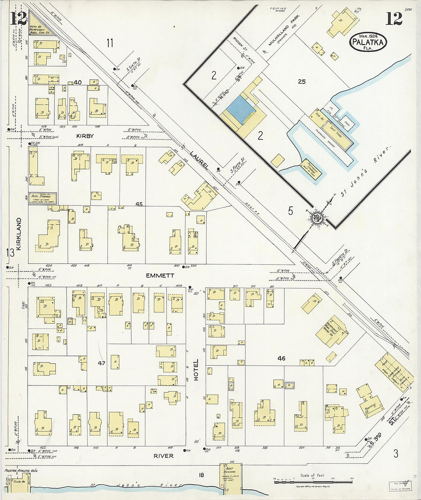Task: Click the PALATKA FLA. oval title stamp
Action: click(x=368, y=42)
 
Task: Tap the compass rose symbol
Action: click(x=317, y=218)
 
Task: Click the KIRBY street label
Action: click(x=85, y=136)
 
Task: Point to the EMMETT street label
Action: click(x=160, y=275)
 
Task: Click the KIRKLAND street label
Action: click(x=19, y=234)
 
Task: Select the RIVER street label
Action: click(x=163, y=456)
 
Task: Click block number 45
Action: click(x=139, y=204)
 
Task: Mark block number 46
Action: click(x=281, y=359)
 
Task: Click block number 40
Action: click(x=78, y=82)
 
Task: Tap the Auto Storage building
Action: click(x=43, y=198)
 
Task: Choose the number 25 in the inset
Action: click(x=302, y=81)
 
